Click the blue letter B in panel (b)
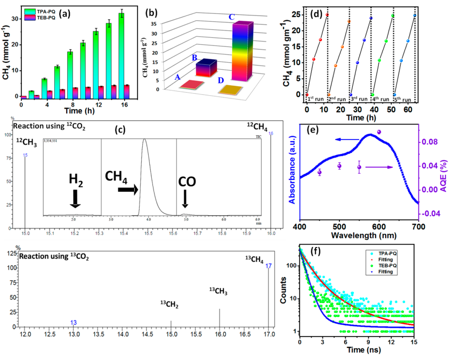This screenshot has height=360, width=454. point(195,57)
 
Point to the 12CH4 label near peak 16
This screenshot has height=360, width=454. point(257,126)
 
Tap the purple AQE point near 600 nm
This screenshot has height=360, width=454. point(379,132)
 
